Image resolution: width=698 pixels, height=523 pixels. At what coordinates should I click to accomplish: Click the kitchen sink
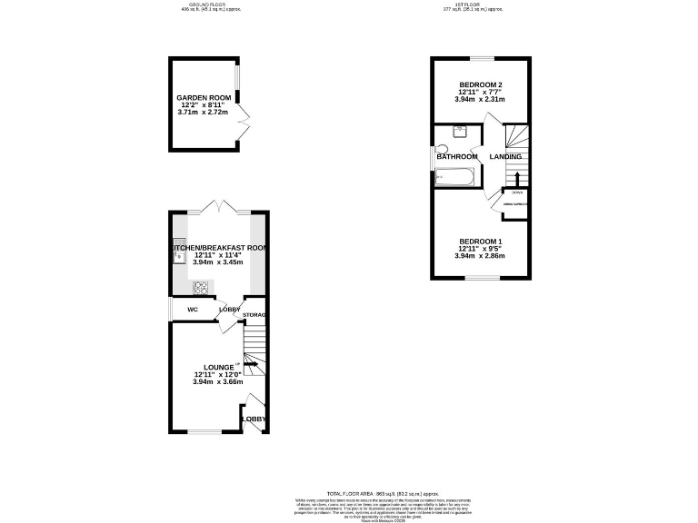(x=177, y=257)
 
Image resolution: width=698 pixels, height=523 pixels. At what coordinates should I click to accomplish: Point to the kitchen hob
(x=201, y=288)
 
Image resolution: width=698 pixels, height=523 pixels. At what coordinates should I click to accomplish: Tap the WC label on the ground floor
(x=193, y=310)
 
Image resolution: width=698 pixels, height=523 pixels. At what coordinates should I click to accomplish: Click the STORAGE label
(x=254, y=315)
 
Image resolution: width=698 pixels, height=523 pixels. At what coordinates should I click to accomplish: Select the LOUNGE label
(x=206, y=367)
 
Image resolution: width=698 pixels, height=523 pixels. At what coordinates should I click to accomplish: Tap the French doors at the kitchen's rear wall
(x=219, y=208)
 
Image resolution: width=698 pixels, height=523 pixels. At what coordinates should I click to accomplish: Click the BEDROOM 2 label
(x=479, y=84)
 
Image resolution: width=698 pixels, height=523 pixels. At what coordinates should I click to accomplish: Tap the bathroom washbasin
(x=461, y=131)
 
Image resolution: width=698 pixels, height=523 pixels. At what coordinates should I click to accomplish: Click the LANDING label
(x=506, y=157)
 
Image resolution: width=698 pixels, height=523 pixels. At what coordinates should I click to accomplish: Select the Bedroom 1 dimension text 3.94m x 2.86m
(x=479, y=256)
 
